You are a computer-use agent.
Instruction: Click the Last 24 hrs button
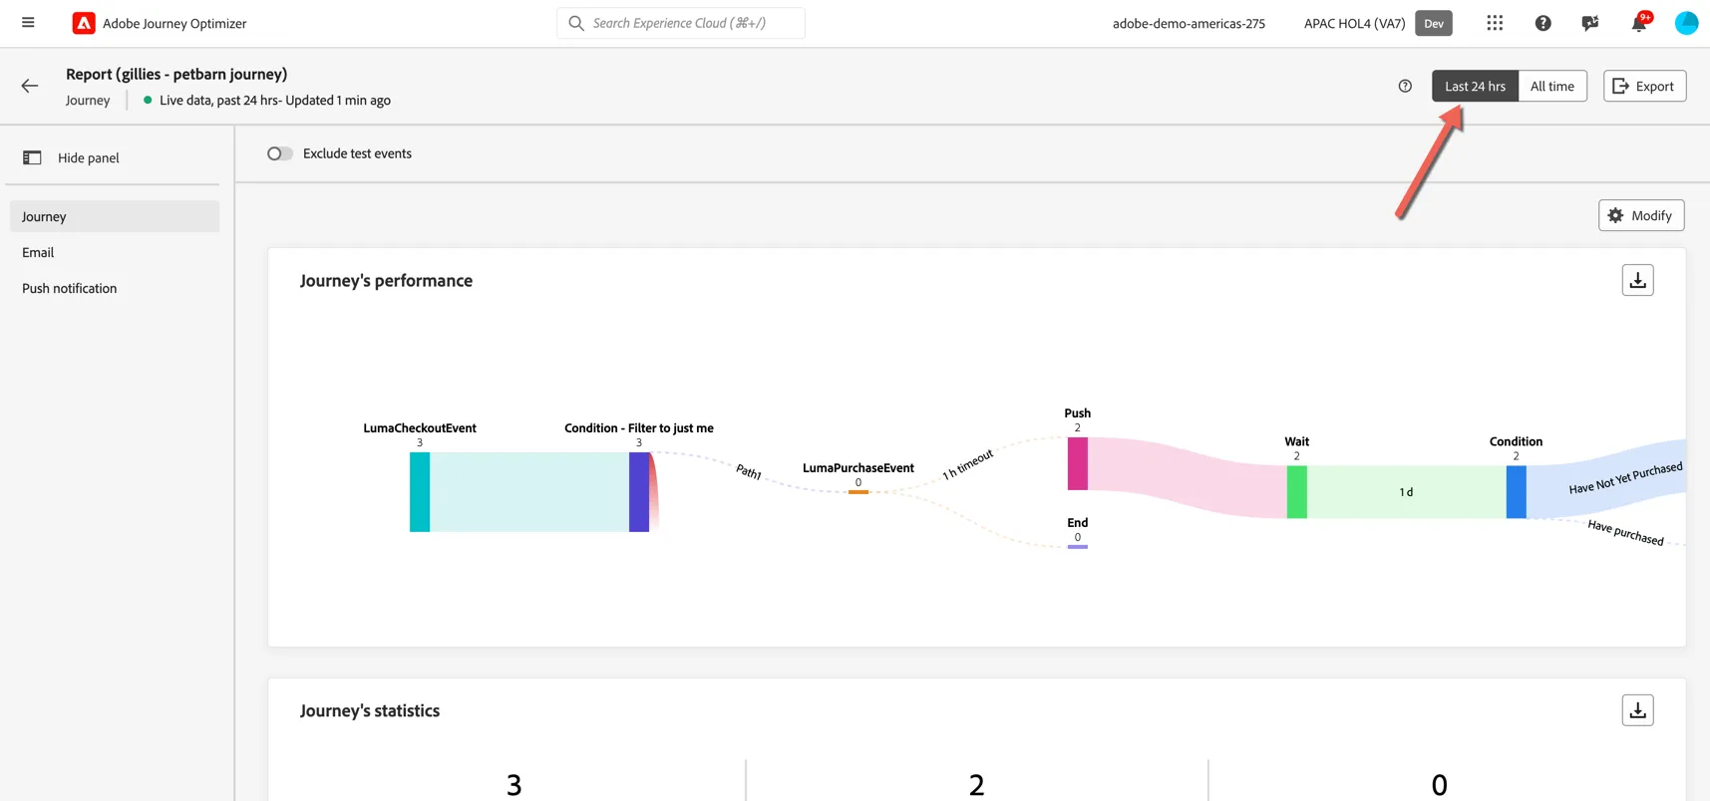[x=1475, y=86]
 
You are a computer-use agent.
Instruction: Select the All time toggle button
[x=1552, y=86]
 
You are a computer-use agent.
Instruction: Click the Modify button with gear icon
[x=1641, y=215]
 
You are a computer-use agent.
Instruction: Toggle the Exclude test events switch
[x=280, y=153]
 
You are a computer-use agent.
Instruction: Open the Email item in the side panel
[x=38, y=252]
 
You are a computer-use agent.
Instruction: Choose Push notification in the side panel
[x=70, y=288]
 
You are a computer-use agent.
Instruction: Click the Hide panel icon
[x=32, y=157]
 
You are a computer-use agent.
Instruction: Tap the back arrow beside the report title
[x=30, y=86]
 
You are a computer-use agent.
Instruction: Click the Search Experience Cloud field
[x=681, y=23]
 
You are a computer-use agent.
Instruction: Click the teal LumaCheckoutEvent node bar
[x=420, y=492]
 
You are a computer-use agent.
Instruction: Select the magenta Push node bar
[x=1078, y=463]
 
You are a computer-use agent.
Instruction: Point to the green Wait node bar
[x=1297, y=492]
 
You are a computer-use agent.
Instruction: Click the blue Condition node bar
[x=1517, y=492]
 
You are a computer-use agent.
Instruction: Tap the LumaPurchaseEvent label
[x=858, y=468]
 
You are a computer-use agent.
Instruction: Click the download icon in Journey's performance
[x=1638, y=281]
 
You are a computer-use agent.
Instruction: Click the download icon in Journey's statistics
[x=1638, y=710]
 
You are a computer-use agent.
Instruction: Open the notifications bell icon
[x=1638, y=23]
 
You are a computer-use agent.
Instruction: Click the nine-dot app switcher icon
[x=1495, y=23]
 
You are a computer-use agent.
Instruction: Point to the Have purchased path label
[x=1625, y=533]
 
